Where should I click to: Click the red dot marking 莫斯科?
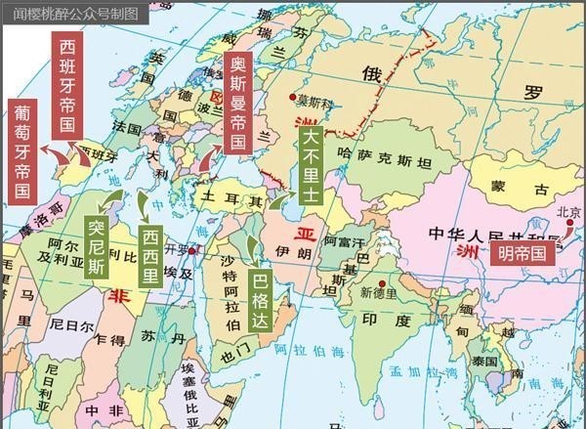[x=294, y=97]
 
